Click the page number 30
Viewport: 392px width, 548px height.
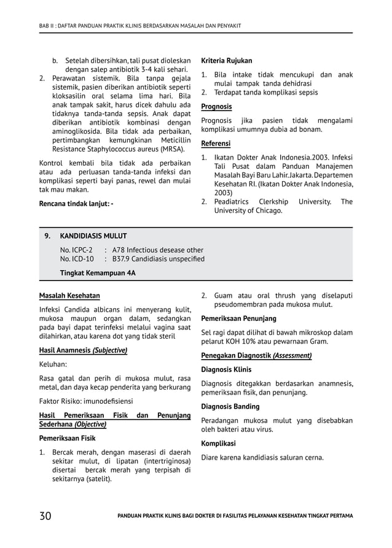click(x=45, y=515)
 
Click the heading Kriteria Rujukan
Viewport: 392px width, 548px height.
click(x=226, y=61)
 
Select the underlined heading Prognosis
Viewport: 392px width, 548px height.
click(x=216, y=106)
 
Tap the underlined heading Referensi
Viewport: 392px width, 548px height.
click(x=216, y=144)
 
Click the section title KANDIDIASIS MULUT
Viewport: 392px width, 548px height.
click(x=93, y=236)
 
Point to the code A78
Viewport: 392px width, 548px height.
click(x=120, y=250)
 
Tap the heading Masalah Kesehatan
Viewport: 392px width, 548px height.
click(x=69, y=296)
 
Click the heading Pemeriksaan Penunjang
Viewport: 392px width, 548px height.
click(x=238, y=318)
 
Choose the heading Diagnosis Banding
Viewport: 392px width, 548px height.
click(x=230, y=406)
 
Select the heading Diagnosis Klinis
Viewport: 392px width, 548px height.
click(x=226, y=369)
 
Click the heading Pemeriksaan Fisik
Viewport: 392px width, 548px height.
click(x=67, y=439)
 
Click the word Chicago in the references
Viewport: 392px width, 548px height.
click(x=265, y=210)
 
